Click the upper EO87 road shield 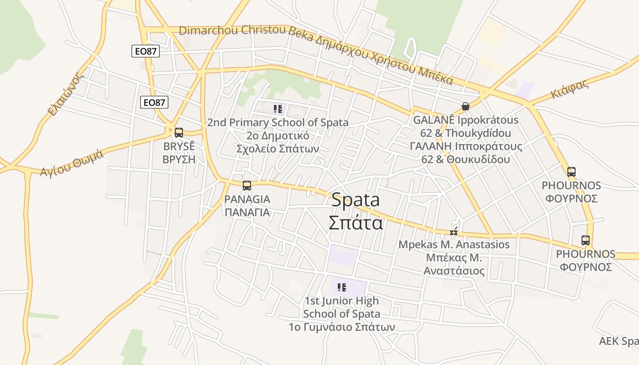tap(146, 51)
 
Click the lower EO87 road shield tap(154, 102)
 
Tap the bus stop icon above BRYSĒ tap(179, 133)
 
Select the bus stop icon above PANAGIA tap(247, 186)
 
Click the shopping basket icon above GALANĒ tap(466, 106)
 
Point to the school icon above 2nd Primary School tap(278, 109)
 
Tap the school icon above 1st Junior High tap(341, 287)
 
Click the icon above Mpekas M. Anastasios tap(454, 231)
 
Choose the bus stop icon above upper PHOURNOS tap(571, 172)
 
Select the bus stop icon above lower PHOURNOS tap(585, 240)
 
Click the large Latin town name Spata tap(356, 200)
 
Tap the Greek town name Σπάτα tap(356, 223)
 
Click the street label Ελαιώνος tap(67, 94)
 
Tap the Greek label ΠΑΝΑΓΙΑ tap(247, 212)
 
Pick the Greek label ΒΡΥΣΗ tap(179, 159)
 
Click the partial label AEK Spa tap(618, 341)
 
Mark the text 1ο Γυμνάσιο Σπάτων tap(341, 327)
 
